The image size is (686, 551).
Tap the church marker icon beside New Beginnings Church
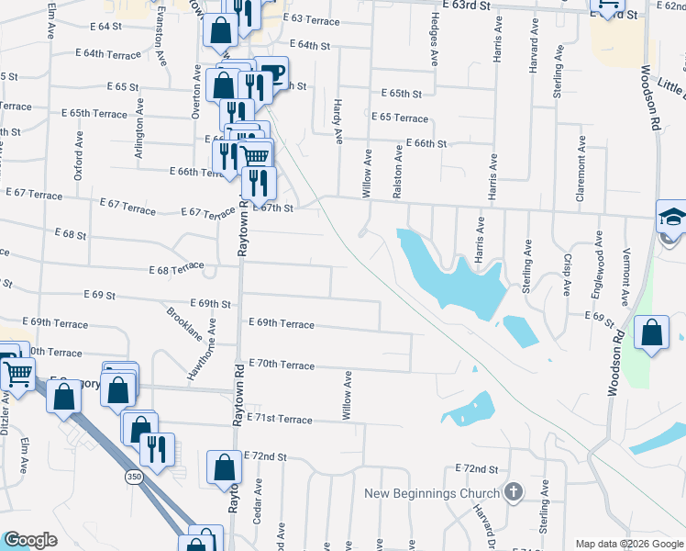click(513, 493)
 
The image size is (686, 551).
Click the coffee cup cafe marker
click(271, 73)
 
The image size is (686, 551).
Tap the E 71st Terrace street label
click(280, 419)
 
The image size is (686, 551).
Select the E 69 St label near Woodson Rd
click(599, 315)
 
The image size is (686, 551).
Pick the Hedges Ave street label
click(432, 45)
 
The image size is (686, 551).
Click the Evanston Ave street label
click(161, 37)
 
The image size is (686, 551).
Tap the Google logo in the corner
click(30, 539)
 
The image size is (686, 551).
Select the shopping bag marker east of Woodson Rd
click(650, 335)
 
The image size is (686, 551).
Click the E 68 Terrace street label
click(176, 269)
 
